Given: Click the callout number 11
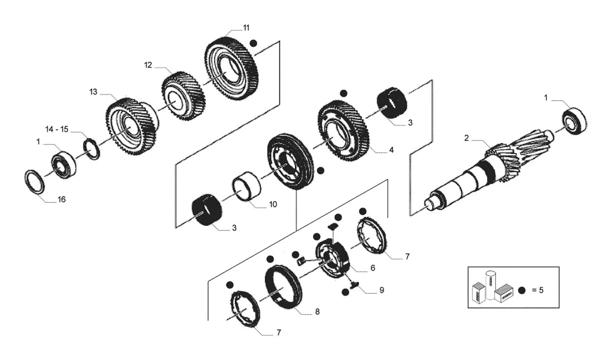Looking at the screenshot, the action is coord(246,28).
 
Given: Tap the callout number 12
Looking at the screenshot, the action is coord(148,65).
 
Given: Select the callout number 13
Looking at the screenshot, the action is coord(93,92).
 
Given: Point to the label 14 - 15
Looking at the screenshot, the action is coord(57,129).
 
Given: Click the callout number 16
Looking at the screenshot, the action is coord(62,200).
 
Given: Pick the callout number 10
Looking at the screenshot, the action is coord(273,204).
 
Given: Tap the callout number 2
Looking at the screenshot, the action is coord(466,138).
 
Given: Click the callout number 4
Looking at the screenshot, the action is coord(391,150).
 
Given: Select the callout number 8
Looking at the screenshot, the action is coord(317,312).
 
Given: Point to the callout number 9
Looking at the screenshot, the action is coord(382,290).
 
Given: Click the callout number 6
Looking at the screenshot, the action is coord(373,268).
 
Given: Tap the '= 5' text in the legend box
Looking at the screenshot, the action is coord(537,290).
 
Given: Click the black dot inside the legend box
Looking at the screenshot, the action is coord(522,290).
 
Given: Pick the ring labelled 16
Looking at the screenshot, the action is coord(34,181).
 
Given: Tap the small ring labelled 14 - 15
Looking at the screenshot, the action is coord(92,149).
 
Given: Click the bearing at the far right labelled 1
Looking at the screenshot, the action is coord(575,121).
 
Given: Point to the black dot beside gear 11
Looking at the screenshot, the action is coord(254,43).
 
